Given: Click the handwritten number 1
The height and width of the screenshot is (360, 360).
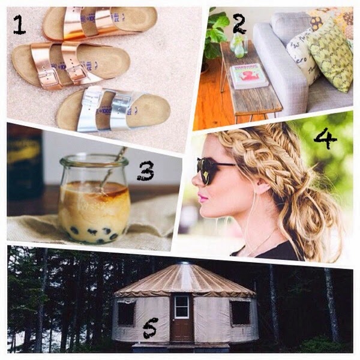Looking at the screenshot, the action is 19,25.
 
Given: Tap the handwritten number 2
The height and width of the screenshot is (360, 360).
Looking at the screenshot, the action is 239,24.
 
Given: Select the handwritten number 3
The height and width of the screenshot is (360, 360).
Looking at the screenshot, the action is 146,171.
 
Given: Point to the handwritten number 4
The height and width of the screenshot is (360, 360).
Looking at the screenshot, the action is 325,138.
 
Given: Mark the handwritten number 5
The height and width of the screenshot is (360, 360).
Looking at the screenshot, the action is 151,328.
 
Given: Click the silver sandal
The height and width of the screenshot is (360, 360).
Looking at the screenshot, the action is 113,109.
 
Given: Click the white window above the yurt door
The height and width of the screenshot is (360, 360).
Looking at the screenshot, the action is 182,307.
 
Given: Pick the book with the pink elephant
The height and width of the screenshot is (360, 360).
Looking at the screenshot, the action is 248,76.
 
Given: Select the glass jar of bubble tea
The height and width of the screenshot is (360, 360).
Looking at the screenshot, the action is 94,199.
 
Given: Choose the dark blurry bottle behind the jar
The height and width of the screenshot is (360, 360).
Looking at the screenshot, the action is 25,163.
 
